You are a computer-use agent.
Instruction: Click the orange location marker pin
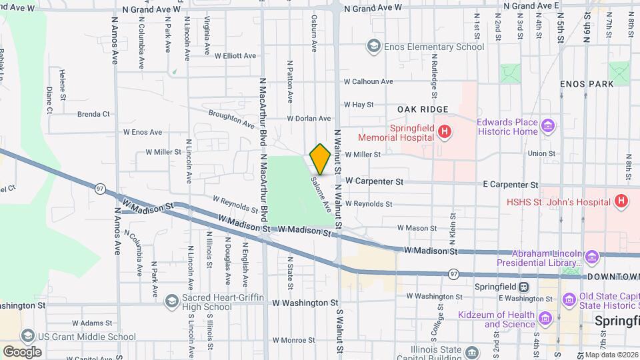[320, 159]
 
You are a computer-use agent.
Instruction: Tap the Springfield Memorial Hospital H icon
[444, 132]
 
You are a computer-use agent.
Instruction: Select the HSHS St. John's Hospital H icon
[621, 201]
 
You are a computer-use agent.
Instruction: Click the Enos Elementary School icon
[373, 47]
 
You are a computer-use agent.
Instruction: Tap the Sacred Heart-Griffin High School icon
[173, 301]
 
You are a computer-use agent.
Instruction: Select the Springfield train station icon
[524, 287]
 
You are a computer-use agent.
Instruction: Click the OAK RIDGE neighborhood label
[422, 109]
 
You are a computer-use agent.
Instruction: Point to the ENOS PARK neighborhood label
[586, 85]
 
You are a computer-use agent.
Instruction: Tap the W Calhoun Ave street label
[368, 82]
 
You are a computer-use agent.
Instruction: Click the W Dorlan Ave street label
[309, 119]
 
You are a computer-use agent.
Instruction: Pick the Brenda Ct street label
[93, 114]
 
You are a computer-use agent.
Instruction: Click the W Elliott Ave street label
[231, 56]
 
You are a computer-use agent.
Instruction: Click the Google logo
[22, 351]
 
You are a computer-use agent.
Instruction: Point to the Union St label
[541, 154]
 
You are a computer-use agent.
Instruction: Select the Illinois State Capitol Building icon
[473, 351]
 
